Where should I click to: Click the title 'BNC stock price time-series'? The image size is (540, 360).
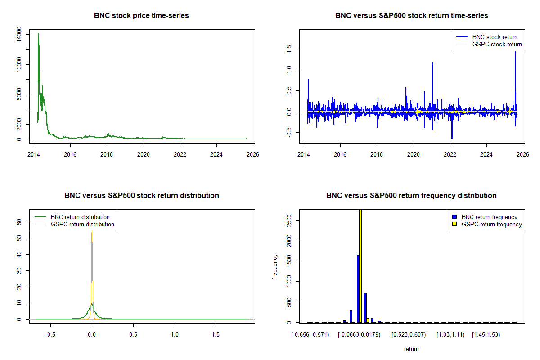pyautogui.click(x=141, y=15)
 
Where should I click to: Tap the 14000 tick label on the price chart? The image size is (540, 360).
pyautogui.click(x=19, y=35)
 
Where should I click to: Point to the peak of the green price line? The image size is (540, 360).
pyautogui.click(x=38, y=34)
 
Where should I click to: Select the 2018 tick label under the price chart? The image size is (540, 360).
pyautogui.click(x=107, y=154)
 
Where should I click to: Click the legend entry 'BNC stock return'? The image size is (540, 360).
pyautogui.click(x=495, y=37)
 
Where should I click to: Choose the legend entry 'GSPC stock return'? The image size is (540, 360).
pyautogui.click(x=497, y=45)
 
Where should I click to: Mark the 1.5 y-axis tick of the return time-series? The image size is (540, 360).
pyautogui.click(x=289, y=49)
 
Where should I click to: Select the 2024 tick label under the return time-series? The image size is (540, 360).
pyautogui.click(x=486, y=154)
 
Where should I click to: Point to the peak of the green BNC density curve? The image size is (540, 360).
pyautogui.click(x=92, y=304)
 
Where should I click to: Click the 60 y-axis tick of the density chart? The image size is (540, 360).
pyautogui.click(x=19, y=222)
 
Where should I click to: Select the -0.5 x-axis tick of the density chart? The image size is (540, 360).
pyautogui.click(x=50, y=335)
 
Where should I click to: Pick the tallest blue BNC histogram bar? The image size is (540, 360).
pyautogui.click(x=358, y=288)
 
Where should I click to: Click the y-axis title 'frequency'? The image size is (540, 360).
pyautogui.click(x=275, y=267)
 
